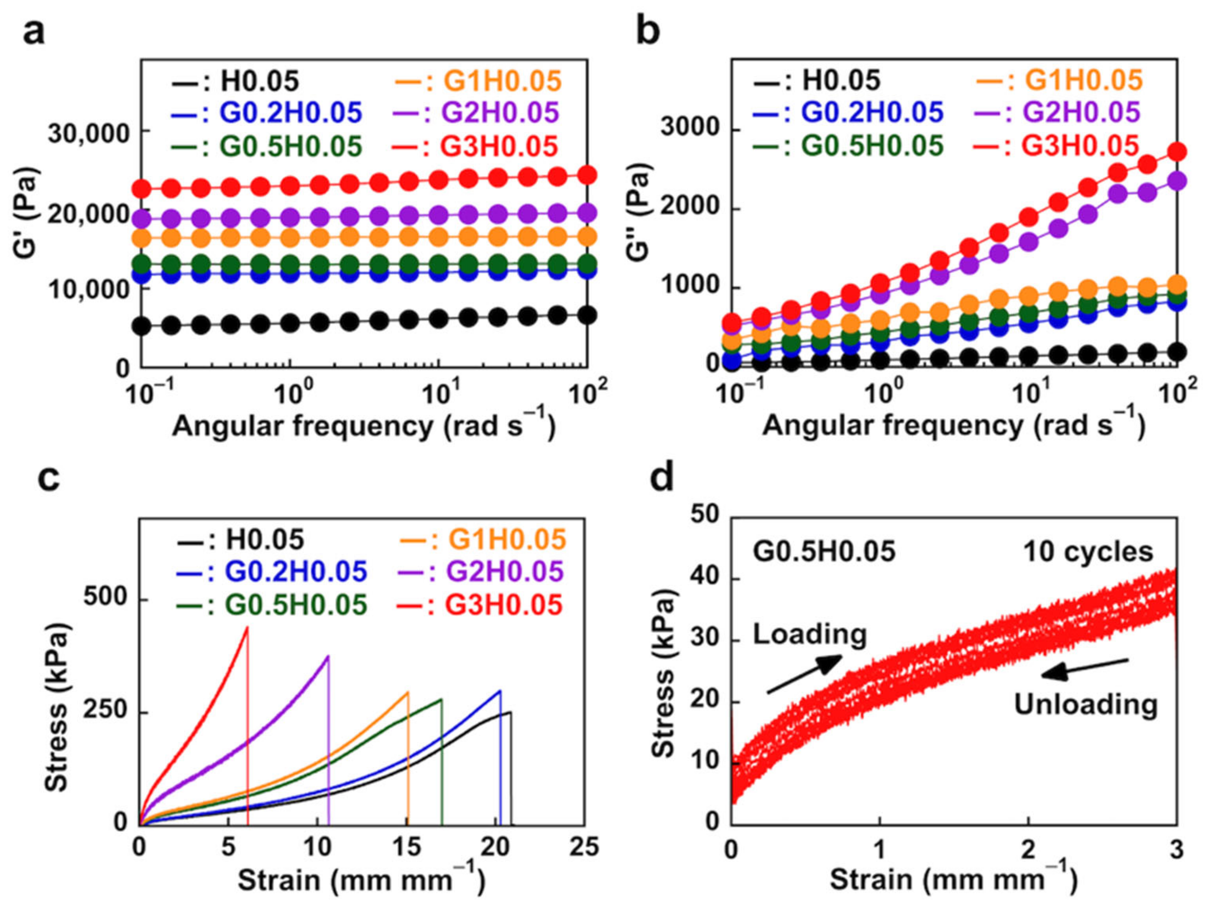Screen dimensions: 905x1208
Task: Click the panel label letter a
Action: (x=34, y=33)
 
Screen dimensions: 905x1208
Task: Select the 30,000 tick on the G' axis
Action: (x=88, y=133)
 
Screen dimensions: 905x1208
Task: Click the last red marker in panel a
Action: (x=587, y=175)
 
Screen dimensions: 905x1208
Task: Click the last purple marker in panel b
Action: (x=1176, y=180)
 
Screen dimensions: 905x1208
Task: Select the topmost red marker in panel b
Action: (x=1176, y=151)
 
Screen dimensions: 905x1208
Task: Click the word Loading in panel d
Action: (x=810, y=634)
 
